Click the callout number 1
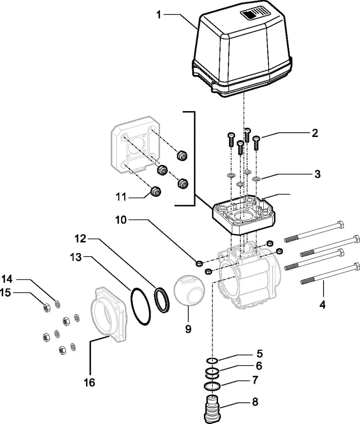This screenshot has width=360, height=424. tap(159, 14)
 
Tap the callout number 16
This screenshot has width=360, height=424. tap(89, 382)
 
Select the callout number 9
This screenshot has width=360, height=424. tap(188, 329)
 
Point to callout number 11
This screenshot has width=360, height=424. tap(121, 197)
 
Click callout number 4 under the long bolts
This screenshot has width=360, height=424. tap(322, 305)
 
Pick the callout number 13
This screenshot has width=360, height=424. tap(76, 257)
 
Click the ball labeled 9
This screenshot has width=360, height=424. tap(189, 290)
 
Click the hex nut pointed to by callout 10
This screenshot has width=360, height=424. tap(198, 262)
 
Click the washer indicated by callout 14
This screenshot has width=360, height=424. tap(58, 304)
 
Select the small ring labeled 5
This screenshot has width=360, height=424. tap(212, 360)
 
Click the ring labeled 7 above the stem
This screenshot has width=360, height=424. tap(212, 386)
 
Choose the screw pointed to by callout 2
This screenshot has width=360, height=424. tap(256, 142)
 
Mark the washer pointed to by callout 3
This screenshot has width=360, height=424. tap(256, 179)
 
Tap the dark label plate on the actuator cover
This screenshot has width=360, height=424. tap(249, 14)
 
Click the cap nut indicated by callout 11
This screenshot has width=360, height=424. tap(155, 191)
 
